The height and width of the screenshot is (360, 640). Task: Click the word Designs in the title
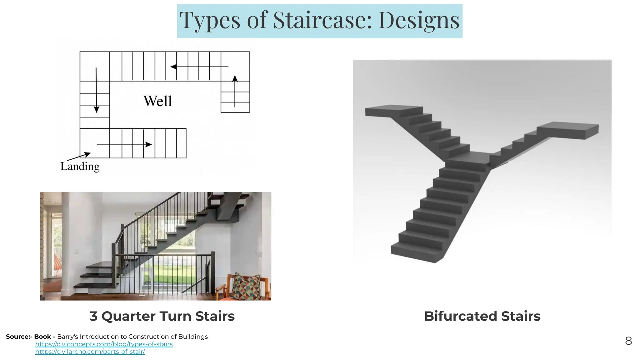(419, 20)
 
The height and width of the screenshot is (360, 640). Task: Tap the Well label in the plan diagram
(157, 101)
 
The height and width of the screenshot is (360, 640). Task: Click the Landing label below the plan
(80, 166)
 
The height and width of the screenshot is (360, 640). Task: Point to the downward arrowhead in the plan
(96, 109)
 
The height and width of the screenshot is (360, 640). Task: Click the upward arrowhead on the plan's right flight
(235, 78)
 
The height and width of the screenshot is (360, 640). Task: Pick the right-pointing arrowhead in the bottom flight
(149, 144)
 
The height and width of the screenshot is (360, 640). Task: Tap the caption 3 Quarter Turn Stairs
(162, 316)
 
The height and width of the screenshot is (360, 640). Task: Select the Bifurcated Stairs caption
(482, 316)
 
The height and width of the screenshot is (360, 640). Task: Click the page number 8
(628, 341)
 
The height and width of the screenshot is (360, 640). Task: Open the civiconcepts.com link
(104, 344)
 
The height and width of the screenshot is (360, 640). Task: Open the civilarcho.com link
(90, 352)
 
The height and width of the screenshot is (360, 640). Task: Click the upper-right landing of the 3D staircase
(567, 128)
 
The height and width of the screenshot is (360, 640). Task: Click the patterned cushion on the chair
(247, 286)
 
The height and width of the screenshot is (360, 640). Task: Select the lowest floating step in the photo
(94, 285)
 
